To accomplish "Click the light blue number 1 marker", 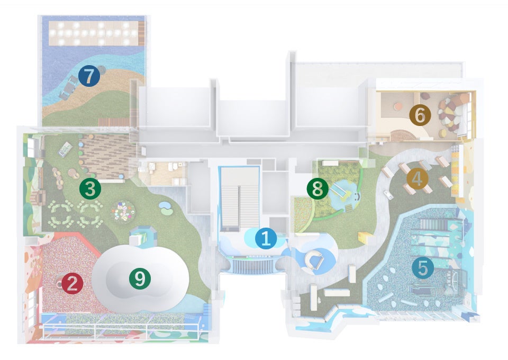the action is coord(266,239).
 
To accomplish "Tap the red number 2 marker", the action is coord(72,284).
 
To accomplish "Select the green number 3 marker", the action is coord(90,188).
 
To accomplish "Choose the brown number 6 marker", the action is coord(420,115).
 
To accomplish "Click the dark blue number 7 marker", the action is coord(89,77).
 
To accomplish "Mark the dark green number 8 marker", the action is coord(317,189).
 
